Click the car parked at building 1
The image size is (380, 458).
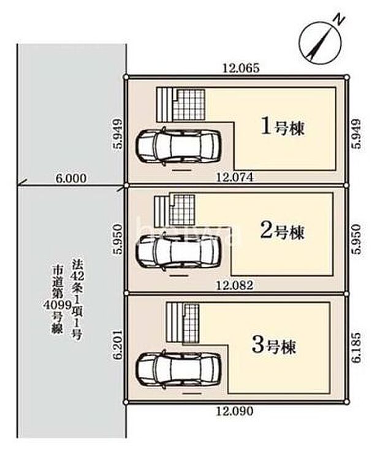pos(178,146)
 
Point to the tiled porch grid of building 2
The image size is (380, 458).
pos(184,210)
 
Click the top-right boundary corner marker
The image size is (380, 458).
pos(346,77)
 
